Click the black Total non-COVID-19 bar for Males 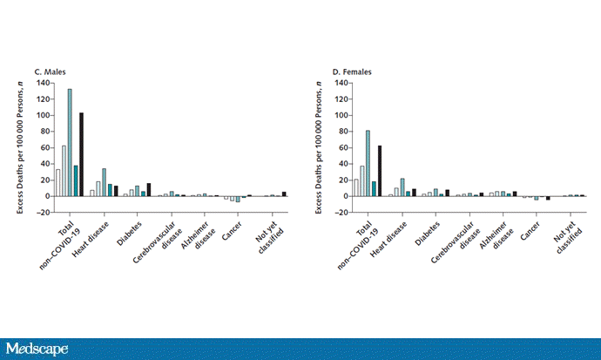tap(81, 154)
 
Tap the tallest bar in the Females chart tap(368, 163)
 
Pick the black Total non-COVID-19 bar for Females tap(379, 171)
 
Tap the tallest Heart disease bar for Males tap(104, 182)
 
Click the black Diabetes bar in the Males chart tap(149, 189)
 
